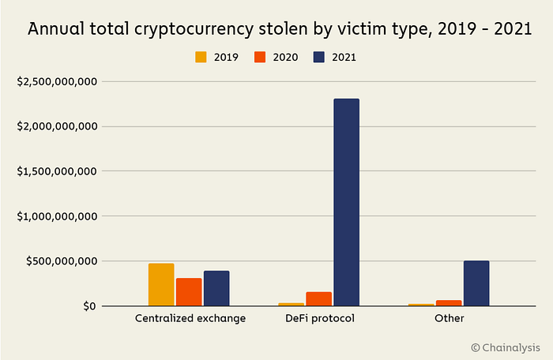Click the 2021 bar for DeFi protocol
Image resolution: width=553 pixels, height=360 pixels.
[x=347, y=202]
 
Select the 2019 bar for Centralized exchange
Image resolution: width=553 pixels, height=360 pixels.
[x=161, y=284]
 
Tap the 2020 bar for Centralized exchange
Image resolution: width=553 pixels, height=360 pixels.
[x=189, y=292]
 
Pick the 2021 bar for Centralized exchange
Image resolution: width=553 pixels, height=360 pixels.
[x=216, y=288]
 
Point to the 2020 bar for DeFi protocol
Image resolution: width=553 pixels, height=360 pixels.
[x=319, y=299]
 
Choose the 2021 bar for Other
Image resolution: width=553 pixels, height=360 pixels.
[x=476, y=283]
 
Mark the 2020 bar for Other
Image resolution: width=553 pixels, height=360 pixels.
[x=449, y=303]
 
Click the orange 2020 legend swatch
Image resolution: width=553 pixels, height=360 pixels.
[x=260, y=57]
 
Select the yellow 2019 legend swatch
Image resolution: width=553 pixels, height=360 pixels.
[x=201, y=57]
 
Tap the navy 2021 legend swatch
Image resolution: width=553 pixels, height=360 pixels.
[x=319, y=57]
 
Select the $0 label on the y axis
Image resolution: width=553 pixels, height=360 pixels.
[x=89, y=306]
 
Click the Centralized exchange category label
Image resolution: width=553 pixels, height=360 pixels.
[x=190, y=318]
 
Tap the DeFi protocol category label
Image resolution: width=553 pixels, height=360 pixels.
[x=320, y=318]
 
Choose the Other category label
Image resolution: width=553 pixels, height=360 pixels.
[x=450, y=318]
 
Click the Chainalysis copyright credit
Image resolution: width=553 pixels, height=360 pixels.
[x=506, y=347]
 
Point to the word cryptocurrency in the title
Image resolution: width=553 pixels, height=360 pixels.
[x=194, y=29]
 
